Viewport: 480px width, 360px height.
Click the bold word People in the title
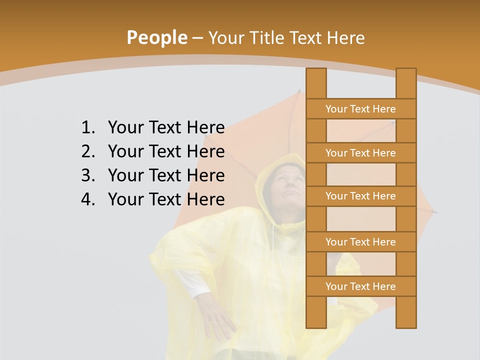(156, 37)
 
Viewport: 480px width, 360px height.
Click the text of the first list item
(166, 127)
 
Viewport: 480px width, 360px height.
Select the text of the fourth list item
(166, 199)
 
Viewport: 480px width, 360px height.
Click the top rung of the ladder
(360, 109)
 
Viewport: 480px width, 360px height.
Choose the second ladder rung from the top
(360, 153)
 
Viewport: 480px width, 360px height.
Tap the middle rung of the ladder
(360, 196)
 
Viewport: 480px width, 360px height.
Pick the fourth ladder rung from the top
(360, 242)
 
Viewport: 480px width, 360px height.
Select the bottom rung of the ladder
(360, 286)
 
